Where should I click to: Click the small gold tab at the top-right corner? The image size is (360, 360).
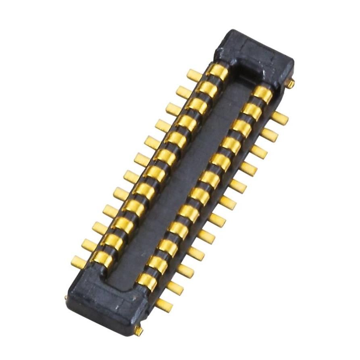(291, 83)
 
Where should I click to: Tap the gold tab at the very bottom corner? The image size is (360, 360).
(138, 331)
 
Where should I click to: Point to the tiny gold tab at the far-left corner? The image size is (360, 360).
(66, 298)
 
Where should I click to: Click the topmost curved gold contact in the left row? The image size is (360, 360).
(218, 72)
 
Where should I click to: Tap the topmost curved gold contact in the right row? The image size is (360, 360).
(262, 94)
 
